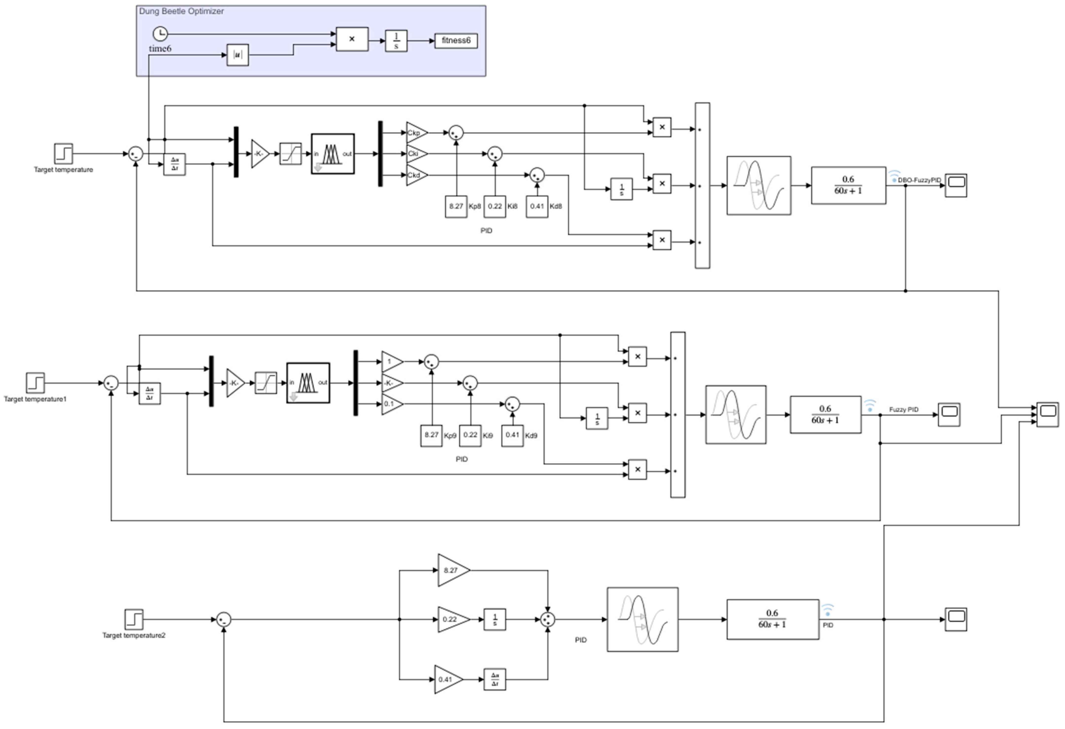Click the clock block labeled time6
(x=160, y=33)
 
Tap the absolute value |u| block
(x=237, y=55)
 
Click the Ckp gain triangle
(x=415, y=133)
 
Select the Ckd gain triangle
(x=415, y=175)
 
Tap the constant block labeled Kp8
(x=456, y=206)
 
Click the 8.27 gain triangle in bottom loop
(x=452, y=570)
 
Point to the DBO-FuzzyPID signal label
(x=919, y=180)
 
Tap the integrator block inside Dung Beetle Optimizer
(x=396, y=41)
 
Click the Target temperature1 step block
(x=35, y=383)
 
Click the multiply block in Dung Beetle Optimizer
(x=352, y=39)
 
